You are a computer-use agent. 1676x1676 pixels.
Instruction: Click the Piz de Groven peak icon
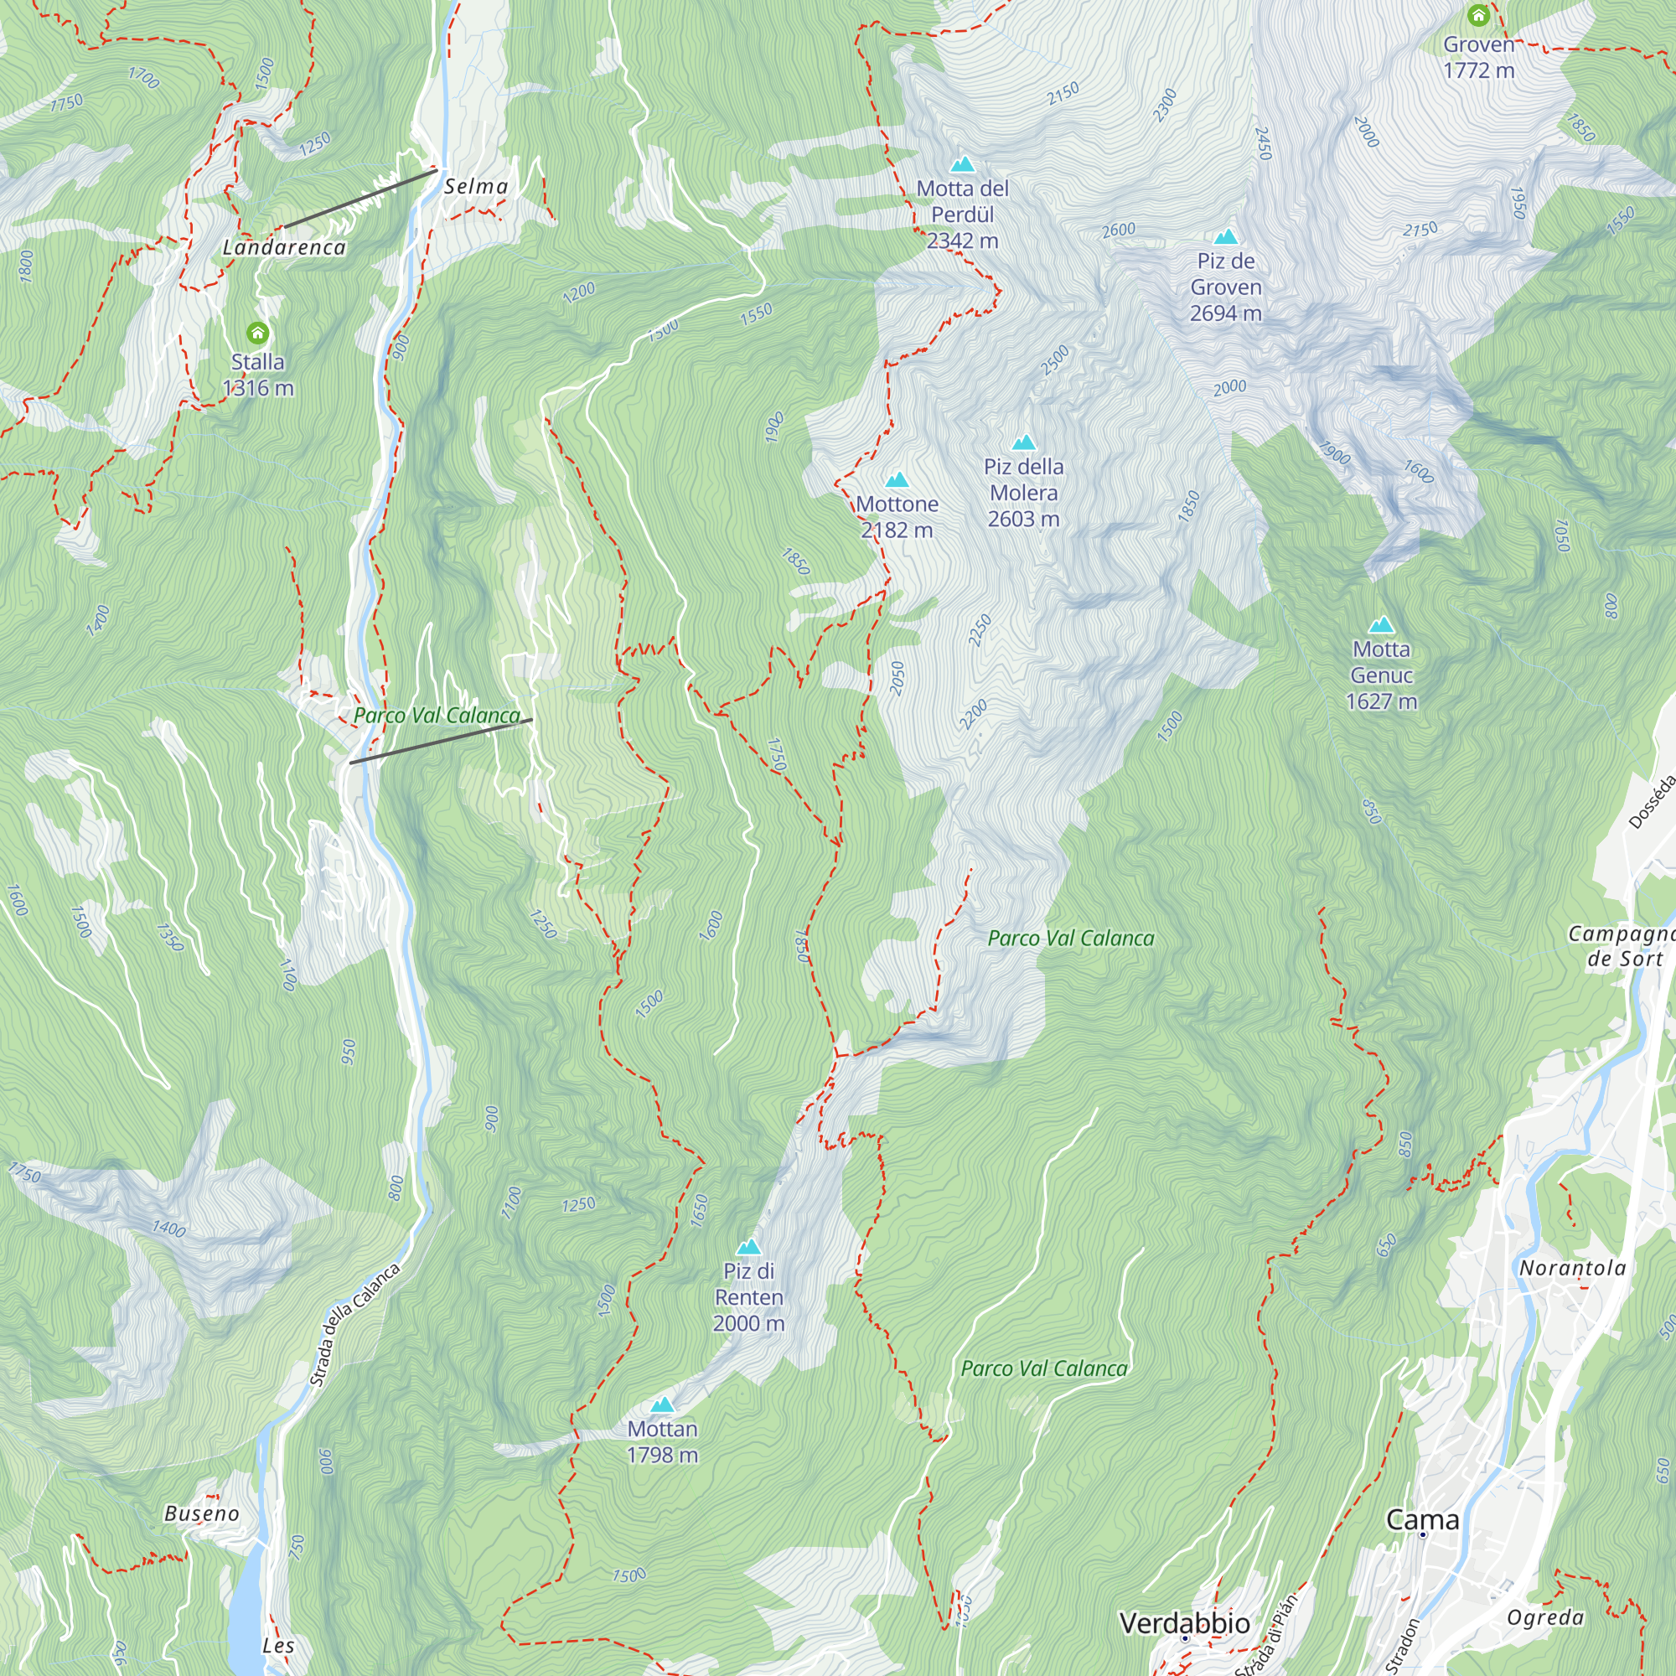coord(1225,237)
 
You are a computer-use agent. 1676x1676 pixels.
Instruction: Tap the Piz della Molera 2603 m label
coord(1024,493)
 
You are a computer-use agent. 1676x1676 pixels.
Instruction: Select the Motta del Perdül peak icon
coord(962,164)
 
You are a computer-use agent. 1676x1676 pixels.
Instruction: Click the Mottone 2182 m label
coord(897,517)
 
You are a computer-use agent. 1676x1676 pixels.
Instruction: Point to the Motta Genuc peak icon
coord(1381,624)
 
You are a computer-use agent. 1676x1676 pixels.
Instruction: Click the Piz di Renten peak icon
coord(748,1248)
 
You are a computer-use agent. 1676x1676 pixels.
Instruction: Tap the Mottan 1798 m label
coord(662,1441)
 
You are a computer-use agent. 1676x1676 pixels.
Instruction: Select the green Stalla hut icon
coord(257,334)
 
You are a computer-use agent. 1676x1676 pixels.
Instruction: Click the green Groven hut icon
coord(1478,16)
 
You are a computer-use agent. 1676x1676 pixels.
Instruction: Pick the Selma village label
coord(475,187)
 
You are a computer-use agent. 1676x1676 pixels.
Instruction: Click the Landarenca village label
coord(285,248)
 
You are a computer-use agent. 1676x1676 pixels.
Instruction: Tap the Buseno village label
coord(201,1513)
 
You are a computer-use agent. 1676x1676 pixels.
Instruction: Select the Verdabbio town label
coord(1184,1623)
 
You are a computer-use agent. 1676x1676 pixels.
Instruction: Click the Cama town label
coord(1422,1520)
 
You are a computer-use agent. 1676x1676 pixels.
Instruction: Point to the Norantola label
coord(1572,1268)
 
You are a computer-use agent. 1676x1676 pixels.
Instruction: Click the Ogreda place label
coord(1545,1618)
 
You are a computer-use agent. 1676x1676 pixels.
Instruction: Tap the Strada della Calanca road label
coord(354,1326)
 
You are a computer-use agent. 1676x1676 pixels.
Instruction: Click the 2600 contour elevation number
coord(1118,230)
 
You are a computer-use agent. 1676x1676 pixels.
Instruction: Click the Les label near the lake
coord(278,1646)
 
